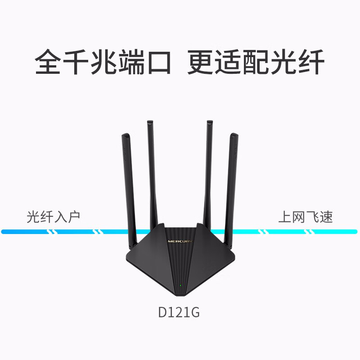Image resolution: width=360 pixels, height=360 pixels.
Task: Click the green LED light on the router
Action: coord(180,286)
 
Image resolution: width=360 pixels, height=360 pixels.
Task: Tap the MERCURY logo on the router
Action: coord(180,241)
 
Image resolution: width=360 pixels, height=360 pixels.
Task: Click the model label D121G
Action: coord(179,312)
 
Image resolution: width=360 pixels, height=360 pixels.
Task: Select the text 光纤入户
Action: coord(53,217)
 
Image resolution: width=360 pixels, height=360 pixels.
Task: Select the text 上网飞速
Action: coord(306,217)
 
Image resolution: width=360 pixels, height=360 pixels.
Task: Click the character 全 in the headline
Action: coord(48,62)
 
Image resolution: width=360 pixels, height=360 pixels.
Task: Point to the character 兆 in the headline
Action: coord(103,62)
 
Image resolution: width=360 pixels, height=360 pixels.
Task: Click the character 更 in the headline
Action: coord(200,62)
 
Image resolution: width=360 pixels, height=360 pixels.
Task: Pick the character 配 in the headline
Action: coord(256,62)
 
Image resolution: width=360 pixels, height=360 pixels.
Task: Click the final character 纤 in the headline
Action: coord(311,62)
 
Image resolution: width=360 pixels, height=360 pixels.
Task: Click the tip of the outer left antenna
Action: coord(126,134)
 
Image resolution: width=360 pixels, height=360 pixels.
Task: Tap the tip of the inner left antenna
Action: coord(150,121)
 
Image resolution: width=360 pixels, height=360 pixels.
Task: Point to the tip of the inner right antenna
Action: coord(210,121)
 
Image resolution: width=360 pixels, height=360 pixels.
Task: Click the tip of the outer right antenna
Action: coord(234,134)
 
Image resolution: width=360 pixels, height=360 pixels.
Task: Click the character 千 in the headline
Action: coord(76,62)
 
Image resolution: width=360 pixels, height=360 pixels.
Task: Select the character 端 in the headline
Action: coord(131,62)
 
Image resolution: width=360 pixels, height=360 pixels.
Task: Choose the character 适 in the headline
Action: coord(228,62)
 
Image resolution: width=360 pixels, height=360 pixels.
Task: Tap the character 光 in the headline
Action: coord(283,62)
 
